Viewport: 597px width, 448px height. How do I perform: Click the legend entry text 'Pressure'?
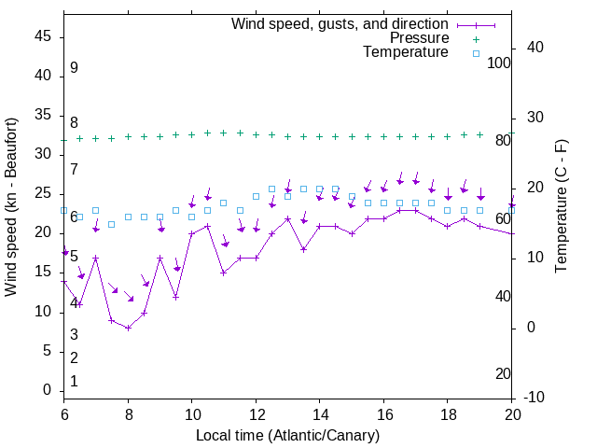pyautogui.click(x=419, y=38)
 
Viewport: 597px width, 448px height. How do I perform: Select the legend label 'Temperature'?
pyautogui.click(x=406, y=52)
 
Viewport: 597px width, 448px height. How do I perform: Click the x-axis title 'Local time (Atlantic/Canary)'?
pyautogui.click(x=288, y=436)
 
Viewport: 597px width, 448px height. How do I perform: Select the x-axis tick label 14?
pyautogui.click(x=320, y=413)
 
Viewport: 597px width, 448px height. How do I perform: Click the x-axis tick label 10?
pyautogui.click(x=191, y=413)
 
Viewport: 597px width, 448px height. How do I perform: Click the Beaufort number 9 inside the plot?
pyautogui.click(x=74, y=68)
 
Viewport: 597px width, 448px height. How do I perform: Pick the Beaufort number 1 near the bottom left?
pyautogui.click(x=74, y=382)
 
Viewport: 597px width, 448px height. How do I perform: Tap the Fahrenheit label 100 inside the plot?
pyautogui.click(x=499, y=63)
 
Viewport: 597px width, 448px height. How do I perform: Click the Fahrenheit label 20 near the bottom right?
pyautogui.click(x=503, y=374)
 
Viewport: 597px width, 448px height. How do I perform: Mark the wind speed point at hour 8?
pyautogui.click(x=128, y=328)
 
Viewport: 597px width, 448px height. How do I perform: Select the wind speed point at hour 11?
pyautogui.click(x=224, y=273)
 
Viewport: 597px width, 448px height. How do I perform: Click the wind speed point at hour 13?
pyautogui.click(x=288, y=218)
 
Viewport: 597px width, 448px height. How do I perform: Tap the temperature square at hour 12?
pyautogui.click(x=256, y=196)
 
